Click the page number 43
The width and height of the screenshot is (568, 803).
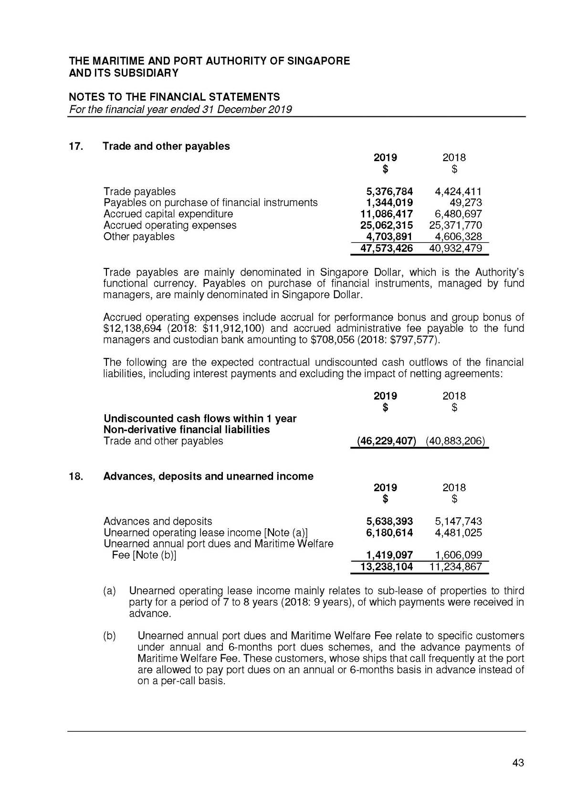coord(518,762)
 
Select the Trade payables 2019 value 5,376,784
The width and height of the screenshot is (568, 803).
coord(389,192)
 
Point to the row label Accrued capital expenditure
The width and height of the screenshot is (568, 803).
coord(168,214)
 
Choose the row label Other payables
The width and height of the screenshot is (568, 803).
coord(139,237)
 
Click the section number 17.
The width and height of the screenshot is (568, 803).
coord(76,146)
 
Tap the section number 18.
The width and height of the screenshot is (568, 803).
coord(76,476)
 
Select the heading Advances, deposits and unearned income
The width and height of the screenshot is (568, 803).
coord(208,476)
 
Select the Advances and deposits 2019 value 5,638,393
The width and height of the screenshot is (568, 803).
coord(389,522)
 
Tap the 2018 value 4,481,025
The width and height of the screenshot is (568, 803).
coord(458,533)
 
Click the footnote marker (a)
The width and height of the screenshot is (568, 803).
coord(109,591)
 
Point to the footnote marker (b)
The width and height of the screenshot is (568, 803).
coord(109,636)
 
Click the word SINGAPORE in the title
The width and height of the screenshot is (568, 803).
coord(318,61)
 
